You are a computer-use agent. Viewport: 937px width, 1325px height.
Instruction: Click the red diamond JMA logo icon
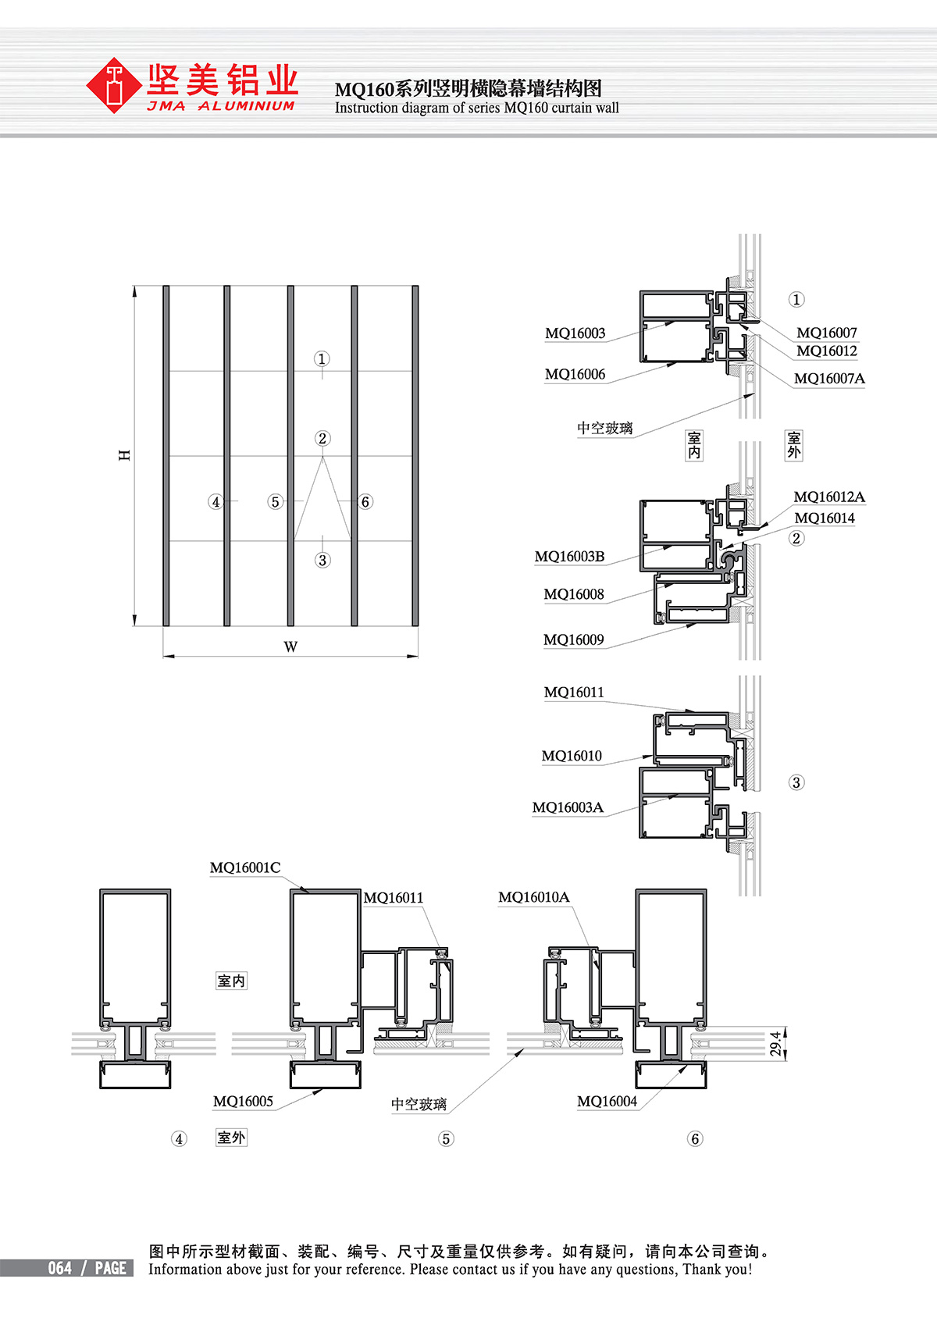113,85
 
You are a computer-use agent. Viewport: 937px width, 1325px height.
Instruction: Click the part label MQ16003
575,333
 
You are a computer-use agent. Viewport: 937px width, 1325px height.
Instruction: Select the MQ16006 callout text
575,374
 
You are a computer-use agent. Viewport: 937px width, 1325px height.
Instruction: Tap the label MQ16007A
829,378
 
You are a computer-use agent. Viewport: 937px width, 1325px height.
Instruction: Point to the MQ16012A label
829,497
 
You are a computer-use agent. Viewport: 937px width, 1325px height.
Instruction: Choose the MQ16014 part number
825,518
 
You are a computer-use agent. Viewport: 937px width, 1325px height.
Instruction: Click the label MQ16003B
570,556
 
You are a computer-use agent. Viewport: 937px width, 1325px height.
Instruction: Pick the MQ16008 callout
574,594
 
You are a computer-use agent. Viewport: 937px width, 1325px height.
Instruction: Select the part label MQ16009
574,639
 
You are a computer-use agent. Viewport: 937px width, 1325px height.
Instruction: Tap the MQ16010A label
534,897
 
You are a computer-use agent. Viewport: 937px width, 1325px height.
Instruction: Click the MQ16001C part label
245,867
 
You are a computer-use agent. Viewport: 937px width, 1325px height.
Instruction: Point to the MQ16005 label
243,1101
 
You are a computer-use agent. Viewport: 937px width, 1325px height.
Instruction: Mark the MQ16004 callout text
607,1101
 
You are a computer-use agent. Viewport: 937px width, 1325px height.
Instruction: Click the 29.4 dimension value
775,1043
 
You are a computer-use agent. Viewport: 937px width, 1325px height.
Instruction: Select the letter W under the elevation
290,646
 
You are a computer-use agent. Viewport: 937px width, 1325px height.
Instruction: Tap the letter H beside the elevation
124,455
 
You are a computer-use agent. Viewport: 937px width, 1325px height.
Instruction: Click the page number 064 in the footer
60,1268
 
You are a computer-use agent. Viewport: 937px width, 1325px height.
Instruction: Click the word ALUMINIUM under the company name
246,106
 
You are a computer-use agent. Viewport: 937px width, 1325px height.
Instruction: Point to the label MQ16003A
568,807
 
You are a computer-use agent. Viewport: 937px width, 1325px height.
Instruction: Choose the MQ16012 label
827,351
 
